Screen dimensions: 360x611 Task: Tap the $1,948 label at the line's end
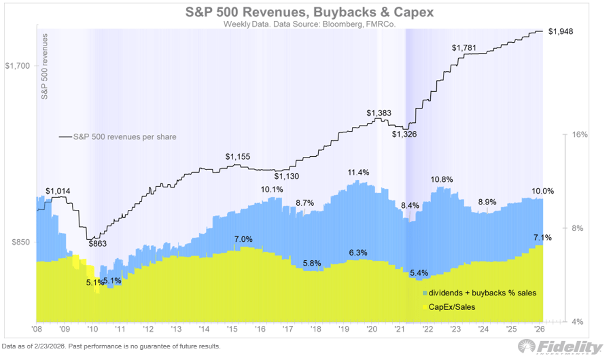(x=561, y=32)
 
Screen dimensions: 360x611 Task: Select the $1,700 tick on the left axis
(x=18, y=66)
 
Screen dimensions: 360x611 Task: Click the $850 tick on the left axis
(x=20, y=242)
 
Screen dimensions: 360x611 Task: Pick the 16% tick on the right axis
(x=580, y=135)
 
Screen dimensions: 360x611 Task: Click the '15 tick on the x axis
(x=232, y=329)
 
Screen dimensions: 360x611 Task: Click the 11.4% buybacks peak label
(x=359, y=172)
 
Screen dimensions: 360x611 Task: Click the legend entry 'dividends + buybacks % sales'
(x=479, y=293)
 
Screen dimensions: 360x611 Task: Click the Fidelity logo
(x=560, y=347)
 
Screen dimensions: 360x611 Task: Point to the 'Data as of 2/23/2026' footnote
(x=111, y=346)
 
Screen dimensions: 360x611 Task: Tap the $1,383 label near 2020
(x=378, y=112)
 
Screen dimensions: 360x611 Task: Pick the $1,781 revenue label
(x=464, y=48)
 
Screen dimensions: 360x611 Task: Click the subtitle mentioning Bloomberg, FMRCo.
(x=305, y=24)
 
